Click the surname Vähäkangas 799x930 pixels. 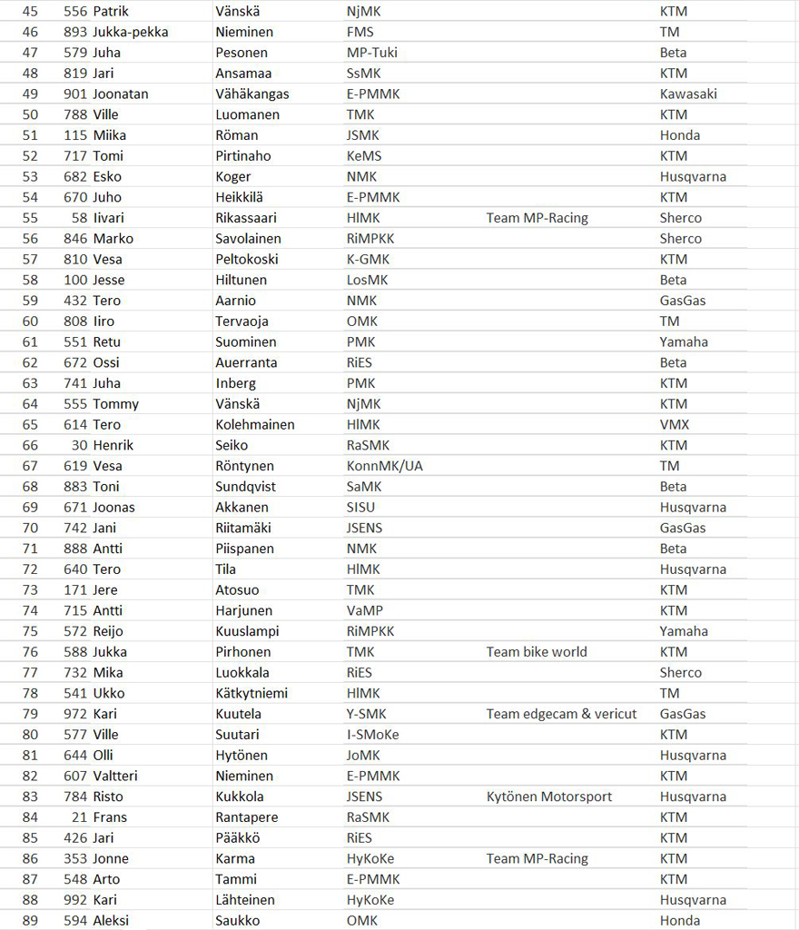pos(252,94)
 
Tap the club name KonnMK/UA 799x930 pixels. pos(385,466)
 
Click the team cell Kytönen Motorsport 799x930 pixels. pos(549,796)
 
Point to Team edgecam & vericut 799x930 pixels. pos(561,714)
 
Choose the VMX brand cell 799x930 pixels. pos(675,425)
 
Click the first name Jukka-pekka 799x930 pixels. pos(131,32)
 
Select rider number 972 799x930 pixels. pos(76,714)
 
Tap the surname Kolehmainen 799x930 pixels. pos(255,425)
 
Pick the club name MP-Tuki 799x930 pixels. pos(372,53)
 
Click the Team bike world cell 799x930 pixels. pos(537,652)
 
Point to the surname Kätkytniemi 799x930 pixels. pos(252,693)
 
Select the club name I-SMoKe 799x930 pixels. pos(372,735)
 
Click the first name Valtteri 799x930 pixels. pos(115,776)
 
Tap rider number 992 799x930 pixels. pos(76,900)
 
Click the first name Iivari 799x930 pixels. pos(109,218)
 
